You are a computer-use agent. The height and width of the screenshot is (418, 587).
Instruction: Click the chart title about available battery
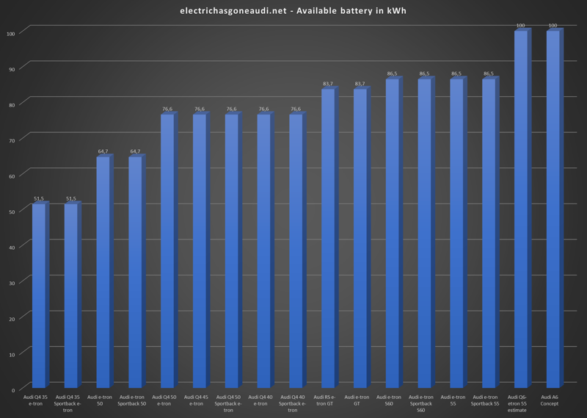(293, 10)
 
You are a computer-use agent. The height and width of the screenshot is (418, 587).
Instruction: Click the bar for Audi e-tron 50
(103, 273)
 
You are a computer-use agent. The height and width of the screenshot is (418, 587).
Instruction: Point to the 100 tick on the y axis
(11, 33)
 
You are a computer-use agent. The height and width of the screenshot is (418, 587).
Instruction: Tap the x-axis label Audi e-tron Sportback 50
(133, 400)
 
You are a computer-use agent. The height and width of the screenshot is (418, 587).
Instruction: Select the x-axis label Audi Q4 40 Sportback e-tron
(292, 403)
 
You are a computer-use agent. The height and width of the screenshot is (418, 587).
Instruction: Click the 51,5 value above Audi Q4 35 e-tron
(39, 198)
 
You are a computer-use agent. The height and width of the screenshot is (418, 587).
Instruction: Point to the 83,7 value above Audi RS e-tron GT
(328, 84)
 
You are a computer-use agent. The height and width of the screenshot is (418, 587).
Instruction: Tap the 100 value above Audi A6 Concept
(553, 26)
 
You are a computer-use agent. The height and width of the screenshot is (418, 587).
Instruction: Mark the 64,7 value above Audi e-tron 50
(103, 151)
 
